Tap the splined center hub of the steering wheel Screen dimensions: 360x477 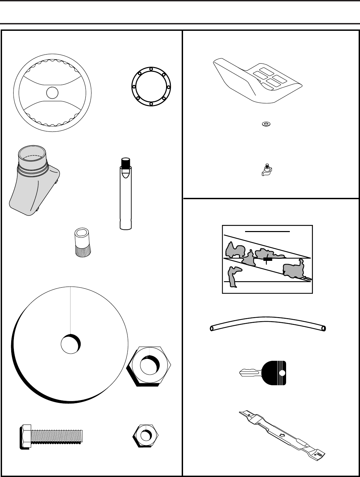[x=53, y=92]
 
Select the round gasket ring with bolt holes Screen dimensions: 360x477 [x=151, y=87]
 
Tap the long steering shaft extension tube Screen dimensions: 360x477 [x=125, y=200]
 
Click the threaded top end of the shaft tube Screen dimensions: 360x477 [x=126, y=163]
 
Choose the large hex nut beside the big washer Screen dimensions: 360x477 [x=149, y=366]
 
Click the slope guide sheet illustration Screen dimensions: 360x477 [x=267, y=259]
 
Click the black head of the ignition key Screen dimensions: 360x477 [x=275, y=373]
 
